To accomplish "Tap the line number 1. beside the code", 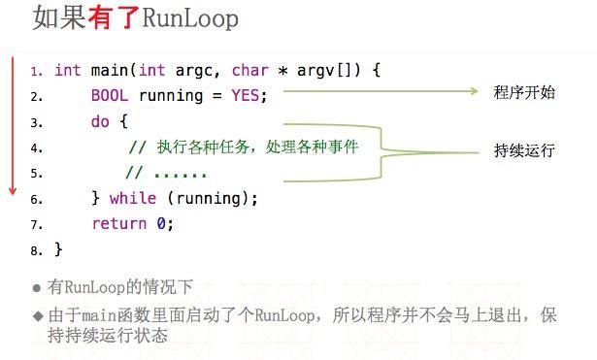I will pyautogui.click(x=36, y=72).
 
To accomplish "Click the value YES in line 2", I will pyautogui.click(x=246, y=96).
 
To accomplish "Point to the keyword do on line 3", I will pyautogui.click(x=100, y=122).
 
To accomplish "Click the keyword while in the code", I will pyautogui.click(x=132, y=198).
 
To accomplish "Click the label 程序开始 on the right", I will pyautogui.click(x=524, y=93).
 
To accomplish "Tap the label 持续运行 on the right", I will pyautogui.click(x=524, y=151).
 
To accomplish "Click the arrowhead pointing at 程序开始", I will pyautogui.click(x=475, y=92).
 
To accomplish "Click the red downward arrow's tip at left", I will pyautogui.click(x=13, y=191).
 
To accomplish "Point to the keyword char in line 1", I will pyautogui.click(x=248, y=71).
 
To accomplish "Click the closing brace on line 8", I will pyautogui.click(x=58, y=249).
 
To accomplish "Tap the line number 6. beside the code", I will pyautogui.click(x=36, y=199).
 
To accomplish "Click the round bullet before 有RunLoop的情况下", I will pyautogui.click(x=37, y=288).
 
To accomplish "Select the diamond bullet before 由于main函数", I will pyautogui.click(x=37, y=315).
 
